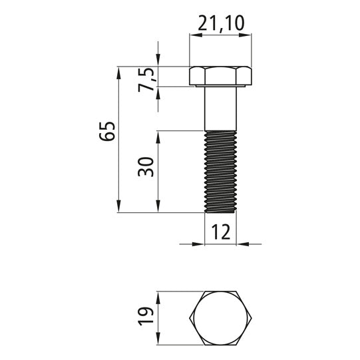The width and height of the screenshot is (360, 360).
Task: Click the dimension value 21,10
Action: click(222, 24)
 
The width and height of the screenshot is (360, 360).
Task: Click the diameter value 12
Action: click(220, 232)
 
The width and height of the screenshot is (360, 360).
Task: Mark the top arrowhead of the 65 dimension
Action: click(118, 71)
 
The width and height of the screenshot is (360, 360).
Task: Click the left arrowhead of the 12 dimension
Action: click(200, 244)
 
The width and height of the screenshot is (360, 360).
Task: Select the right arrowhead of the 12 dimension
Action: click(242, 244)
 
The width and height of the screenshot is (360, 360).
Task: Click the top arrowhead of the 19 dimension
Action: click(158, 296)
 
